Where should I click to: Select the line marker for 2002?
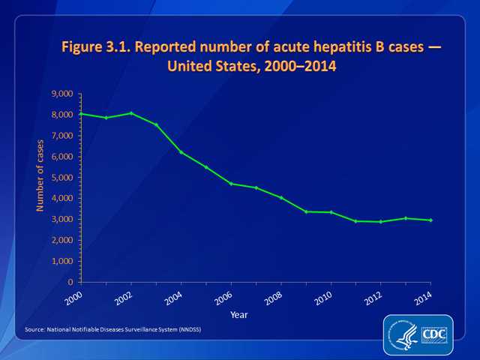[x=132, y=113]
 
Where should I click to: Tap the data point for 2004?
[x=181, y=152]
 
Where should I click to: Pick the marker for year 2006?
[x=230, y=184]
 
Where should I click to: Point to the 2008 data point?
[x=280, y=197]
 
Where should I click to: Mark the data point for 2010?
[x=330, y=212]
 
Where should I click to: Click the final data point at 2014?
[x=430, y=220]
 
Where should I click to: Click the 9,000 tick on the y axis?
[x=61, y=94]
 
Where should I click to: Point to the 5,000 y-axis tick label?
[x=61, y=178]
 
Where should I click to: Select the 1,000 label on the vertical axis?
[x=61, y=262]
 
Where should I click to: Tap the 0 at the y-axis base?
[x=69, y=283]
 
